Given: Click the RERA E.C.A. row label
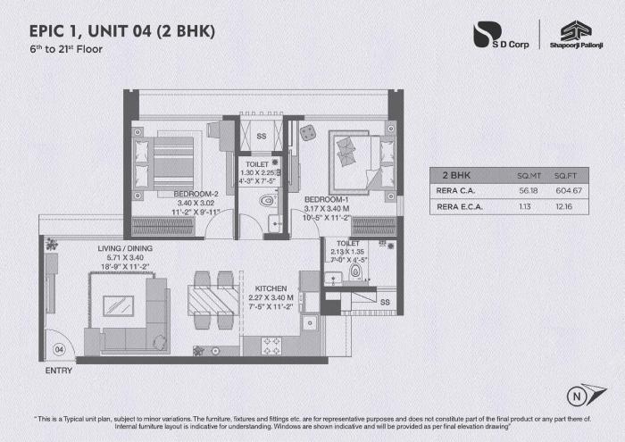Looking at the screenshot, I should pyautogui.click(x=461, y=206).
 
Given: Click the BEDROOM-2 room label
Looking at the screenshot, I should pyautogui.click(x=197, y=194).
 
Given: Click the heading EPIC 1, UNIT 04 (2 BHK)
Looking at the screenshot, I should pyautogui.click(x=122, y=32).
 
